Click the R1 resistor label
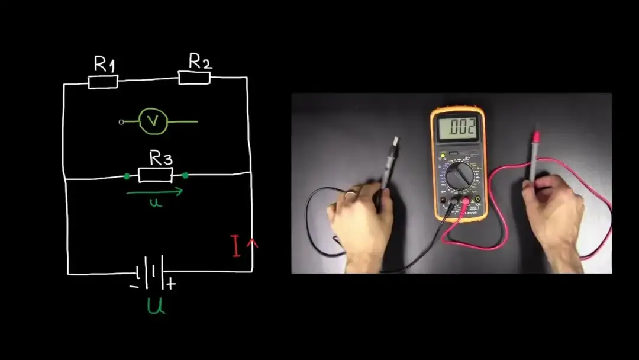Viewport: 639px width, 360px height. tap(104, 64)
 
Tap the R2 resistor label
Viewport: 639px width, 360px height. tap(200, 60)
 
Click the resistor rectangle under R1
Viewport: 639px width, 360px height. tap(103, 82)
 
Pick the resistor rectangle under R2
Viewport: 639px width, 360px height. tap(194, 78)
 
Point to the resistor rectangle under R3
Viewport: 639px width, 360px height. tap(156, 175)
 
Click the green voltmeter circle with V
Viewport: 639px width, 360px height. tap(153, 121)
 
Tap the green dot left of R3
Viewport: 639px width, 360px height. tap(127, 176)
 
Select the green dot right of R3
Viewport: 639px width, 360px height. tap(185, 175)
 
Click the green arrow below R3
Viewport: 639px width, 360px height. tap(155, 192)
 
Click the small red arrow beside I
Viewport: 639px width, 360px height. tap(254, 243)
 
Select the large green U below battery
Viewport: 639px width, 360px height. tap(156, 306)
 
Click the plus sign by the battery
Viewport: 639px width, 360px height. tap(171, 284)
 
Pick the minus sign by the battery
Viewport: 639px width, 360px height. tap(134, 286)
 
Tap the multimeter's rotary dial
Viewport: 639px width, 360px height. tap(459, 176)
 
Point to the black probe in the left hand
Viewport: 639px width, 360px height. tap(387, 166)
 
